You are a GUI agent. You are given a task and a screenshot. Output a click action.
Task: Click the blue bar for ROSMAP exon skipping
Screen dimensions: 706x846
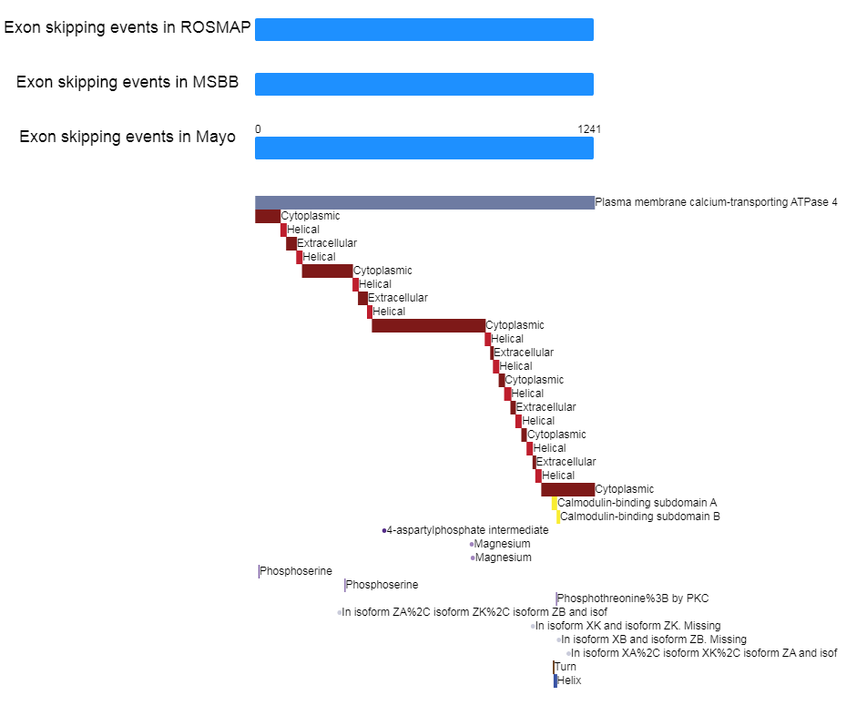point(423,29)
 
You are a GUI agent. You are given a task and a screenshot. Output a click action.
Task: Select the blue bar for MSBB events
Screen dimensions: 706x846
point(423,84)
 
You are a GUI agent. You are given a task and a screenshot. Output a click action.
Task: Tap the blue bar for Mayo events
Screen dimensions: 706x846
point(423,148)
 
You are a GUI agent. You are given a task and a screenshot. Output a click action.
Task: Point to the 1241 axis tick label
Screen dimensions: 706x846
point(588,129)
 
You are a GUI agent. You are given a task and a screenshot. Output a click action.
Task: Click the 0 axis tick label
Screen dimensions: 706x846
point(258,129)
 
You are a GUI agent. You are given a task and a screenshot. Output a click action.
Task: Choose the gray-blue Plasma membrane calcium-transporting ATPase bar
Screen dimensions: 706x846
point(423,202)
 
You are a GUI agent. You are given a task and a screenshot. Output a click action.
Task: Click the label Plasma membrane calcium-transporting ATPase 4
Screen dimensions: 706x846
point(716,202)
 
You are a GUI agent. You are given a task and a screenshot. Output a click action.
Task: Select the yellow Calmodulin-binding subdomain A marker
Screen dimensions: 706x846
point(554,503)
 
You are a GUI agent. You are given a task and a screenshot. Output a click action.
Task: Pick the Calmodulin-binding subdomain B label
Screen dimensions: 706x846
point(640,517)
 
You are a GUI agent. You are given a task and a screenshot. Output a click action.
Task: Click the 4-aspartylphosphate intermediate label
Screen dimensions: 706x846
point(468,530)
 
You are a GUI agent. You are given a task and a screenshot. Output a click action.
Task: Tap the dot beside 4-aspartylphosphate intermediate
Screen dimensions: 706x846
point(384,530)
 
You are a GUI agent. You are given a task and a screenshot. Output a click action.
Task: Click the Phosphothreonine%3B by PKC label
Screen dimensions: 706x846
point(633,599)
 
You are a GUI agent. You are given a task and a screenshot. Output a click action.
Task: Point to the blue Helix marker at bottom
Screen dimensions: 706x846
point(556,680)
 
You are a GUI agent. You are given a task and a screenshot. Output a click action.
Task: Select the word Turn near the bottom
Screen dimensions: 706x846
point(566,667)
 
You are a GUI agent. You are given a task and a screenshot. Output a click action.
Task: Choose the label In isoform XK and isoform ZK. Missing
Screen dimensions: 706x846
point(627,626)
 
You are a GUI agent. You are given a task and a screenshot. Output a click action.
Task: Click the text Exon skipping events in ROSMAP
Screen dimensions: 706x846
point(127,27)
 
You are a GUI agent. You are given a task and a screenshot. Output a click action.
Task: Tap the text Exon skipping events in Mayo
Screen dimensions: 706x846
point(127,137)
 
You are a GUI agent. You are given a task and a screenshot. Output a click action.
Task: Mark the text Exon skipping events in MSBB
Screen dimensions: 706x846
point(127,82)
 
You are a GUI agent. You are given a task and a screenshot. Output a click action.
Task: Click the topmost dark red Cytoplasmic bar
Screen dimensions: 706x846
point(268,216)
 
